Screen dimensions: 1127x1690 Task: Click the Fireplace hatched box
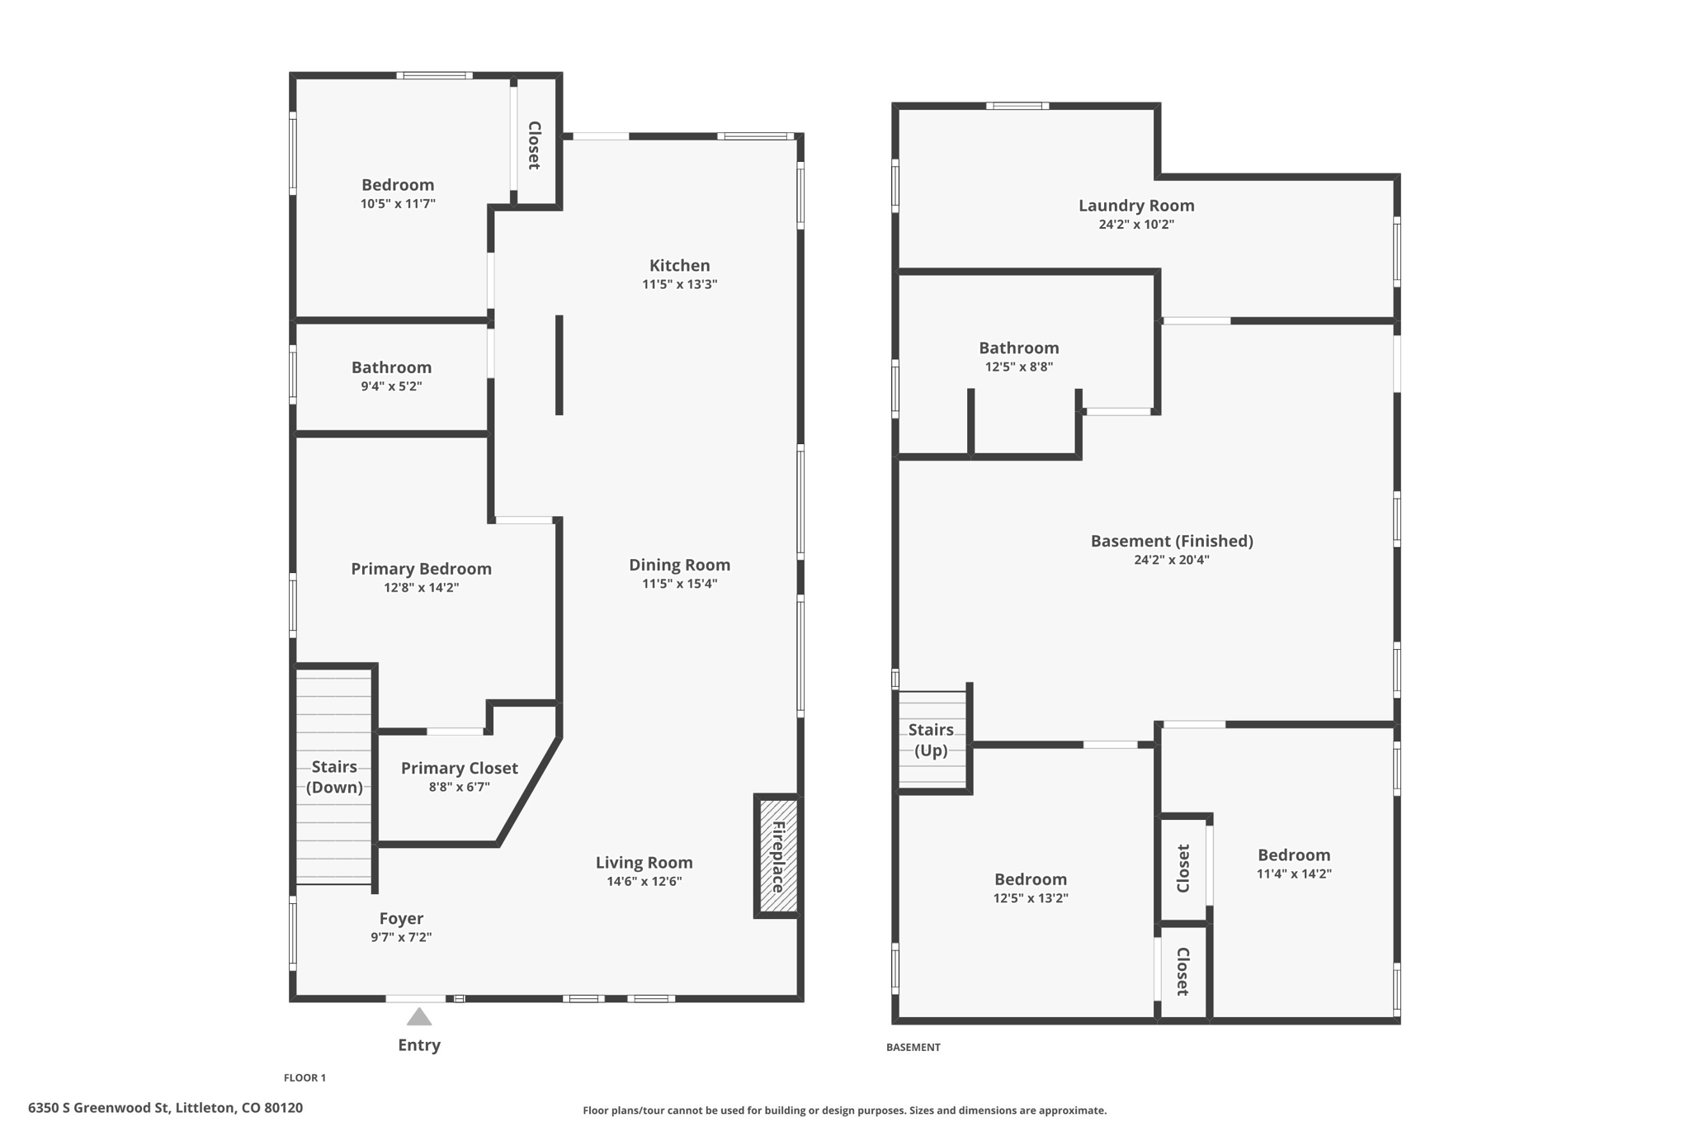point(778,856)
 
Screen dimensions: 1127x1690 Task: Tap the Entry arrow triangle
point(419,1017)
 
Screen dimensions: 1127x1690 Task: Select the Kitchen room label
point(679,266)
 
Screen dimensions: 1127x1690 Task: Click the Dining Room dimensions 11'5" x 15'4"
point(679,584)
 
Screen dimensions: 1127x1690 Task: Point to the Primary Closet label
point(459,769)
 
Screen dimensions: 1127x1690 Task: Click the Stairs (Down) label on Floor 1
point(334,777)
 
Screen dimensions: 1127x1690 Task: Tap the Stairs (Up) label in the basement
point(931,740)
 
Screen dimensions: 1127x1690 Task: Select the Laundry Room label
point(1135,206)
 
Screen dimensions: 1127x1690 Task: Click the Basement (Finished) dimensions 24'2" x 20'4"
point(1171,560)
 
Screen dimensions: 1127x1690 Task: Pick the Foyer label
point(401,919)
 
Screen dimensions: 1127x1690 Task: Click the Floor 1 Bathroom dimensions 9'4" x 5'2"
point(391,386)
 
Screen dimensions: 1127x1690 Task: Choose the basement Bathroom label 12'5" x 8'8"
point(1018,348)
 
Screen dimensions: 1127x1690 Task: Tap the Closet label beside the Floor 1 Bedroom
point(534,145)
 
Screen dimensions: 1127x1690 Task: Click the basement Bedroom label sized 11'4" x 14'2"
point(1293,855)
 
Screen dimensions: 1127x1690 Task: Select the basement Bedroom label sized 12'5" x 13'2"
point(1030,880)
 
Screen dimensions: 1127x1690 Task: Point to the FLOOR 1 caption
point(304,1077)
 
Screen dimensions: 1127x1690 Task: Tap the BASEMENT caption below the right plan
point(913,1047)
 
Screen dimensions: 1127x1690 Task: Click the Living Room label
point(644,863)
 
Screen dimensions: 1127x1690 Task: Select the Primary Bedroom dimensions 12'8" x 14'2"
point(421,588)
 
